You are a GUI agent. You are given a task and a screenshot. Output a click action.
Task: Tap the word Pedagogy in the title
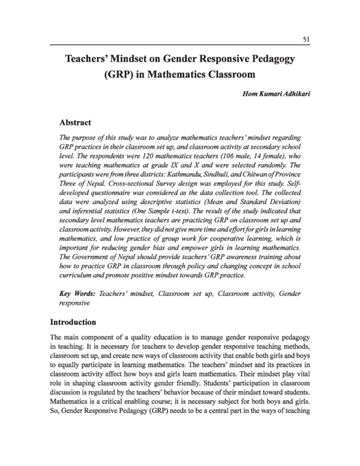point(274,60)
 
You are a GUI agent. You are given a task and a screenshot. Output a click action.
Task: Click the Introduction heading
point(73,322)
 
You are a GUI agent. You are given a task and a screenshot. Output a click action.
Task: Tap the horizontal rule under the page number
point(180,45)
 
